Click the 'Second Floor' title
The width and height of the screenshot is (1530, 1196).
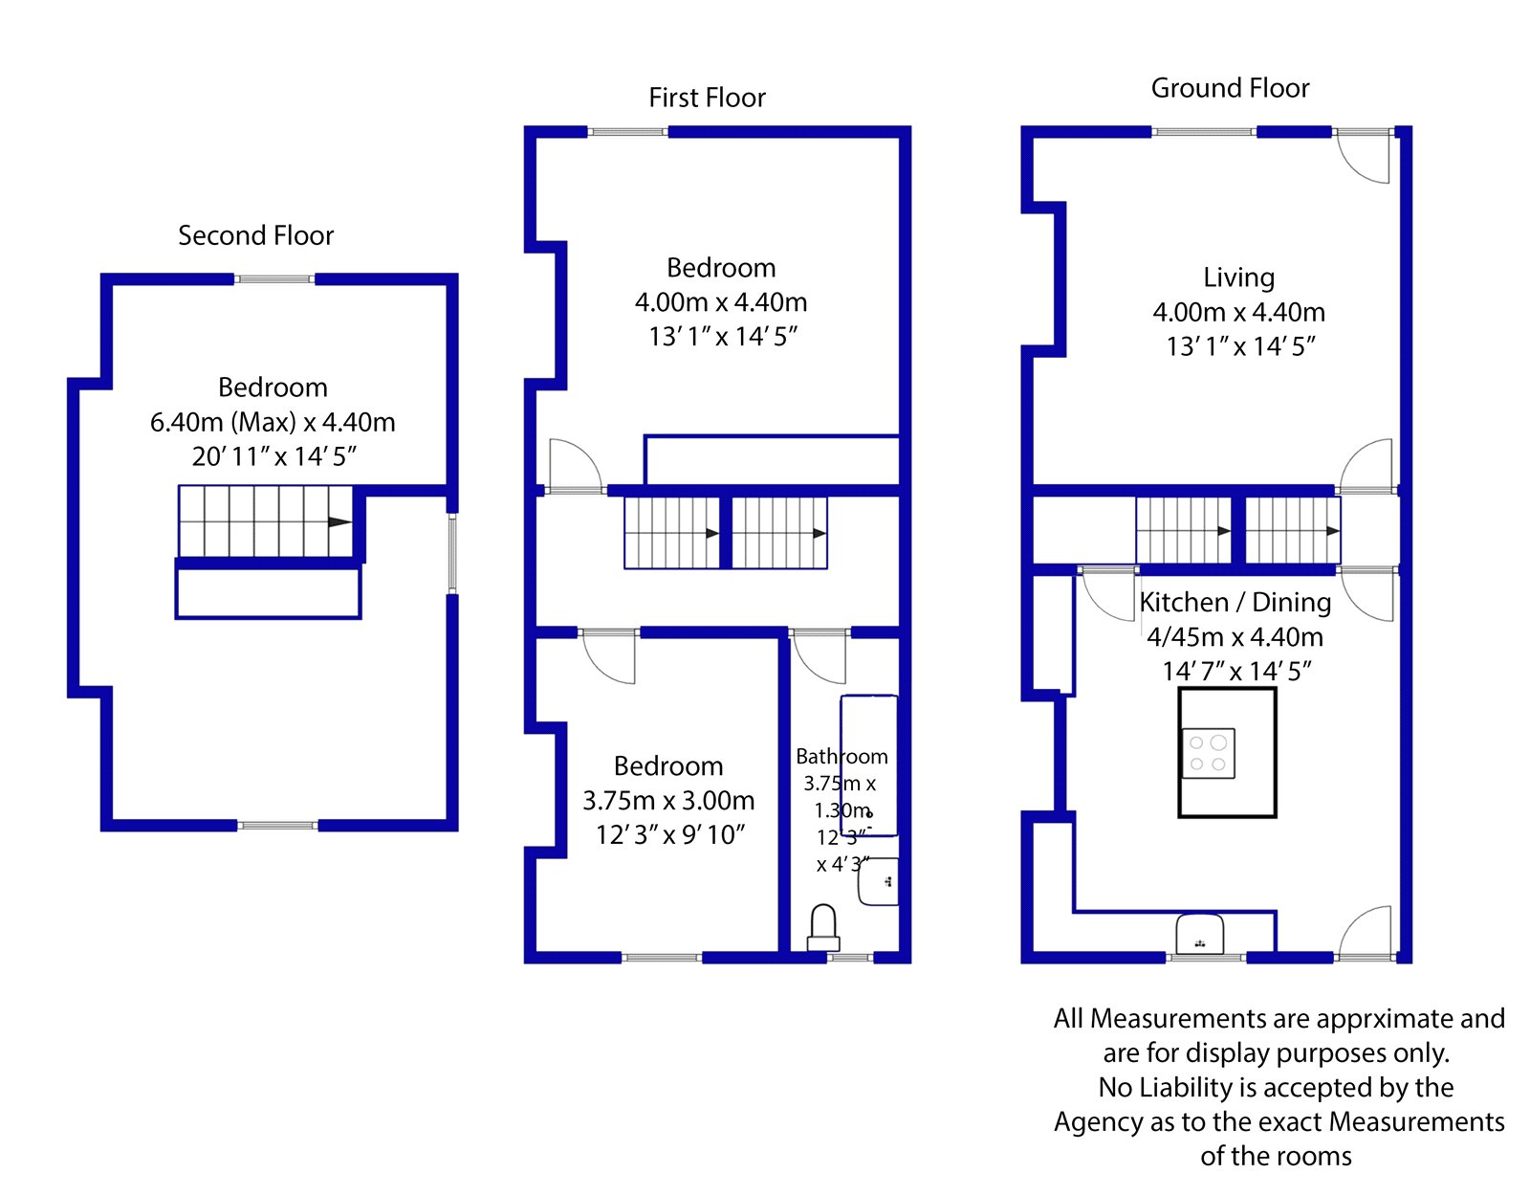coord(255,235)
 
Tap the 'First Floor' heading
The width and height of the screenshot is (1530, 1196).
coord(707,98)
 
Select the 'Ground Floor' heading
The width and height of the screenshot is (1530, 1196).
coord(1230,88)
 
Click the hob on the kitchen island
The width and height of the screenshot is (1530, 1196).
coord(1209,753)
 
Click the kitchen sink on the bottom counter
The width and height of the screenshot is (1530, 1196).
coord(1200,934)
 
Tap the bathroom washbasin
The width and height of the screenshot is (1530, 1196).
coord(878,881)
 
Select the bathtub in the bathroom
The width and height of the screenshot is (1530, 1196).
coord(869,765)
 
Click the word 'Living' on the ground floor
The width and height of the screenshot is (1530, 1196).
coord(1238,277)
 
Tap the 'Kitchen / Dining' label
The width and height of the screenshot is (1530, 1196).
coord(1235,602)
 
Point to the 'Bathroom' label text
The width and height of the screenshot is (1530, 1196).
coord(841,757)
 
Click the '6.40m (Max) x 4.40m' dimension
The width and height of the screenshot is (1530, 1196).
coord(273,422)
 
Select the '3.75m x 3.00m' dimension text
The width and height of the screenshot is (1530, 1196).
coord(668,800)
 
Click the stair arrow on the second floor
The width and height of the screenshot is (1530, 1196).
coord(340,521)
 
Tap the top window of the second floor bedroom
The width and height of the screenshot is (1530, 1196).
coord(273,279)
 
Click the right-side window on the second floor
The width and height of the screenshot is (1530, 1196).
coord(452,554)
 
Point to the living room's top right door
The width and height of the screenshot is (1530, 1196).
coord(1363,156)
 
